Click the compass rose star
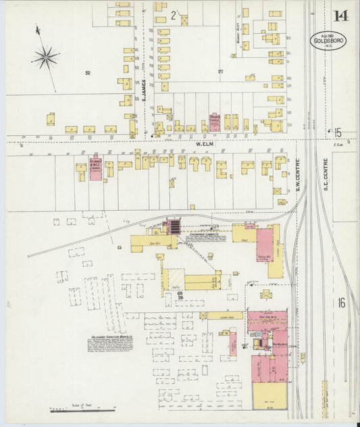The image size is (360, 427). click(45, 57)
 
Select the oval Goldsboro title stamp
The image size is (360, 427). click(328, 40)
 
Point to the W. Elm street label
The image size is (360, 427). click(205, 144)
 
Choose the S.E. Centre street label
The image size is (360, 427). click(326, 172)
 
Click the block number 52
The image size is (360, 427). click(87, 72)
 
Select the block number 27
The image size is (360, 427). click(220, 72)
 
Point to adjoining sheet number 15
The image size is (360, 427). click(337, 132)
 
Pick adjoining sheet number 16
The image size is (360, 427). click(341, 303)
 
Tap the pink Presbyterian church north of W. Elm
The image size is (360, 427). click(214, 122)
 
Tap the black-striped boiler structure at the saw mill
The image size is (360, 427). click(174, 225)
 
